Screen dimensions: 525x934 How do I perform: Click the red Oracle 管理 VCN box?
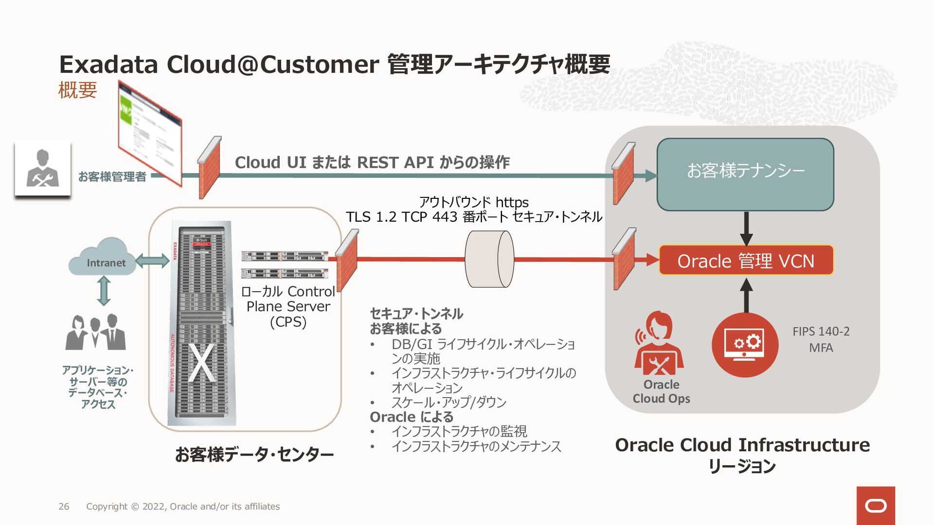point(746,261)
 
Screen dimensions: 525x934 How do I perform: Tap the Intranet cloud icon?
point(103,258)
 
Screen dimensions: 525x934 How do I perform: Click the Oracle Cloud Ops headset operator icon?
point(659,343)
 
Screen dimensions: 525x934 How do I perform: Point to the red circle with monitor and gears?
point(745,345)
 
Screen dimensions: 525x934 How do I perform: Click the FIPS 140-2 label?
point(821,332)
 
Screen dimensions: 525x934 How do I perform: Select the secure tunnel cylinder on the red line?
point(489,259)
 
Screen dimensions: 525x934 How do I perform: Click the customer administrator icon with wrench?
point(43,168)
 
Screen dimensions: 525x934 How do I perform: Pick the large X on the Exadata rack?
point(201,363)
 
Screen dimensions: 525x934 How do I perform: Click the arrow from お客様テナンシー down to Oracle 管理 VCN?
point(746,228)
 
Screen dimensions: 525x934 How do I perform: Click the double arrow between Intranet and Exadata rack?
point(152,261)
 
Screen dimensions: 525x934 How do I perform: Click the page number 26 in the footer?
point(64,507)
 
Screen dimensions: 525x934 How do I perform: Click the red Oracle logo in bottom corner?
point(876,506)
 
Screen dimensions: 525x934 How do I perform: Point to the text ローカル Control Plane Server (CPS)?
point(288,307)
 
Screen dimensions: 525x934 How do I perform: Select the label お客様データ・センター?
point(254,455)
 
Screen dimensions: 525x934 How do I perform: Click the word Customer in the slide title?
point(320,65)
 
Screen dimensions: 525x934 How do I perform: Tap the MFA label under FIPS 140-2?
point(821,348)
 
